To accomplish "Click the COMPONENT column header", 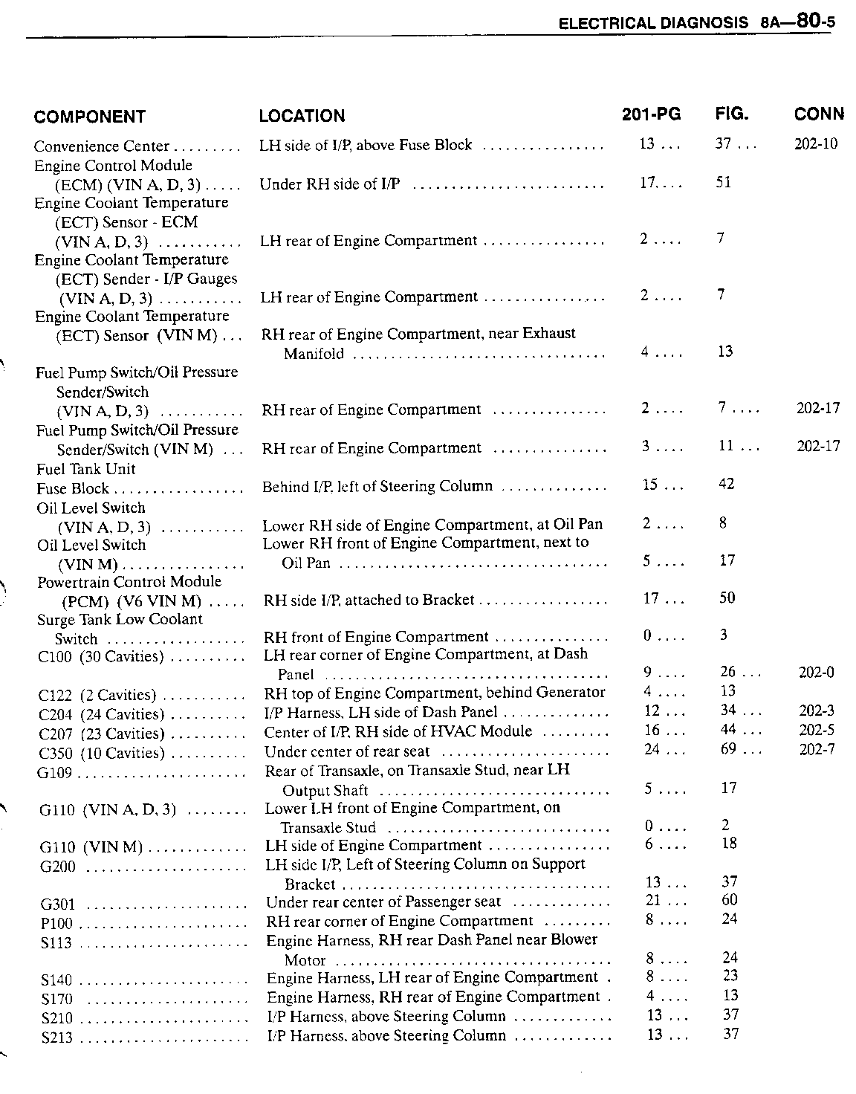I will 89,117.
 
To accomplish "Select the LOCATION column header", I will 302,116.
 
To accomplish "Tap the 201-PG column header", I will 651,114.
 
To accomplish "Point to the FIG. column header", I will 732,114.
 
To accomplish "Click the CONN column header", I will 819,114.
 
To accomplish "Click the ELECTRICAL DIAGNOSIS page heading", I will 653,23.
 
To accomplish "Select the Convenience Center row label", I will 102,146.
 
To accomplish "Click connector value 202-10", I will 816,144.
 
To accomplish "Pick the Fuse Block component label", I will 73,488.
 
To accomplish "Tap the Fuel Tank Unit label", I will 86,469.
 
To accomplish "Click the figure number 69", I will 728,749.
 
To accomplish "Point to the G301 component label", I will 57,904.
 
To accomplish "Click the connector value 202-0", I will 816,673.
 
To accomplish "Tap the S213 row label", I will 57,1037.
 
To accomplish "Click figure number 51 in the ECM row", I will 724,182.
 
